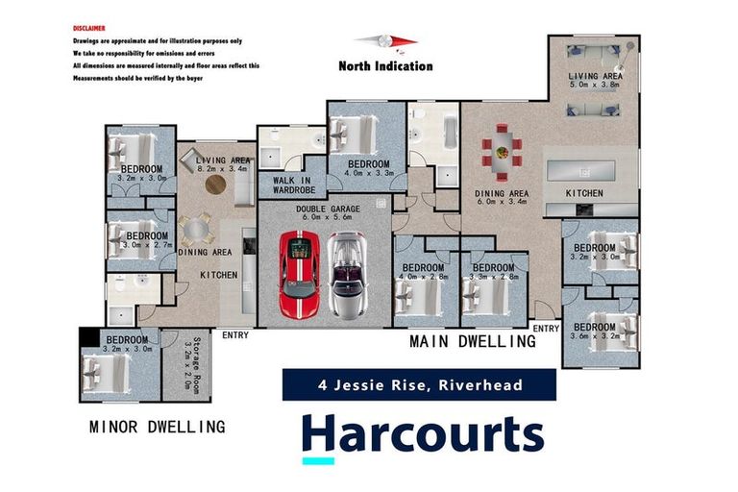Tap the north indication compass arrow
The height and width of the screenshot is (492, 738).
(384, 41)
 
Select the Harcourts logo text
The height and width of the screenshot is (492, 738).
(422, 433)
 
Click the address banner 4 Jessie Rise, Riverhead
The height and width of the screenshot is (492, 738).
(420, 385)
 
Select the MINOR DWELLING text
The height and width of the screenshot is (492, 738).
(157, 426)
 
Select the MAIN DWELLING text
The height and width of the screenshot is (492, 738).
(473, 341)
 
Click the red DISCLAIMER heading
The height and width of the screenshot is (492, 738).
(90, 29)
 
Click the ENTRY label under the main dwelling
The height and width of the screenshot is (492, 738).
(546, 329)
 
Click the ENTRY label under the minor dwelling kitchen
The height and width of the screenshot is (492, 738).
(234, 335)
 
